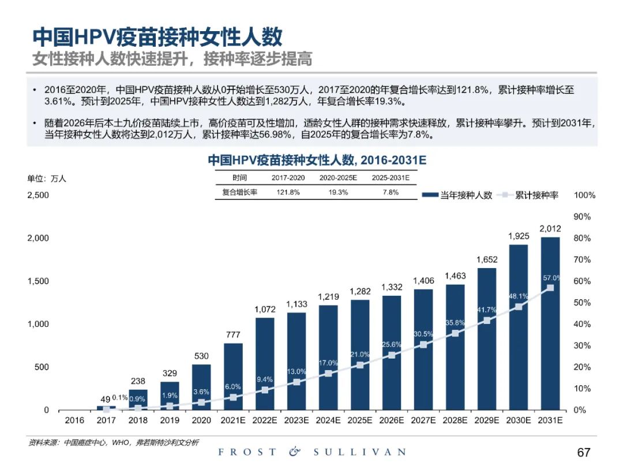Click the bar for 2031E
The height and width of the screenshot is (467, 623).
550,323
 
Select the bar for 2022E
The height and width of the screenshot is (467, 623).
265,363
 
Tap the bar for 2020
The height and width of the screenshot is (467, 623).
201,386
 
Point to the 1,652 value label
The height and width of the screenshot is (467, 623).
487,260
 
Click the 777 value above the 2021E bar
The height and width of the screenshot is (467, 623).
233,335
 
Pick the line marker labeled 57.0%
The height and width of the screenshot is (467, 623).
550,288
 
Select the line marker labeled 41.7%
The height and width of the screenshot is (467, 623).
487,321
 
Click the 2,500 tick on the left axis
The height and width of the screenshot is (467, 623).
38,195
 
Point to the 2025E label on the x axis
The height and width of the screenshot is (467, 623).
360,421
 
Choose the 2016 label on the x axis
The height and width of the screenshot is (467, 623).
74,421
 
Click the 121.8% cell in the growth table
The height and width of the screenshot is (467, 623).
288,193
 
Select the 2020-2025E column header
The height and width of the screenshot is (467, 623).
339,178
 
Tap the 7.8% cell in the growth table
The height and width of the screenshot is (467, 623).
391,193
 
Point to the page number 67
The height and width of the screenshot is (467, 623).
584,452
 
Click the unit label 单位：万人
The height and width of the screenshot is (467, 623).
47,179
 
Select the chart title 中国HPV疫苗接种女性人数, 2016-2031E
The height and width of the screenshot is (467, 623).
317,160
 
